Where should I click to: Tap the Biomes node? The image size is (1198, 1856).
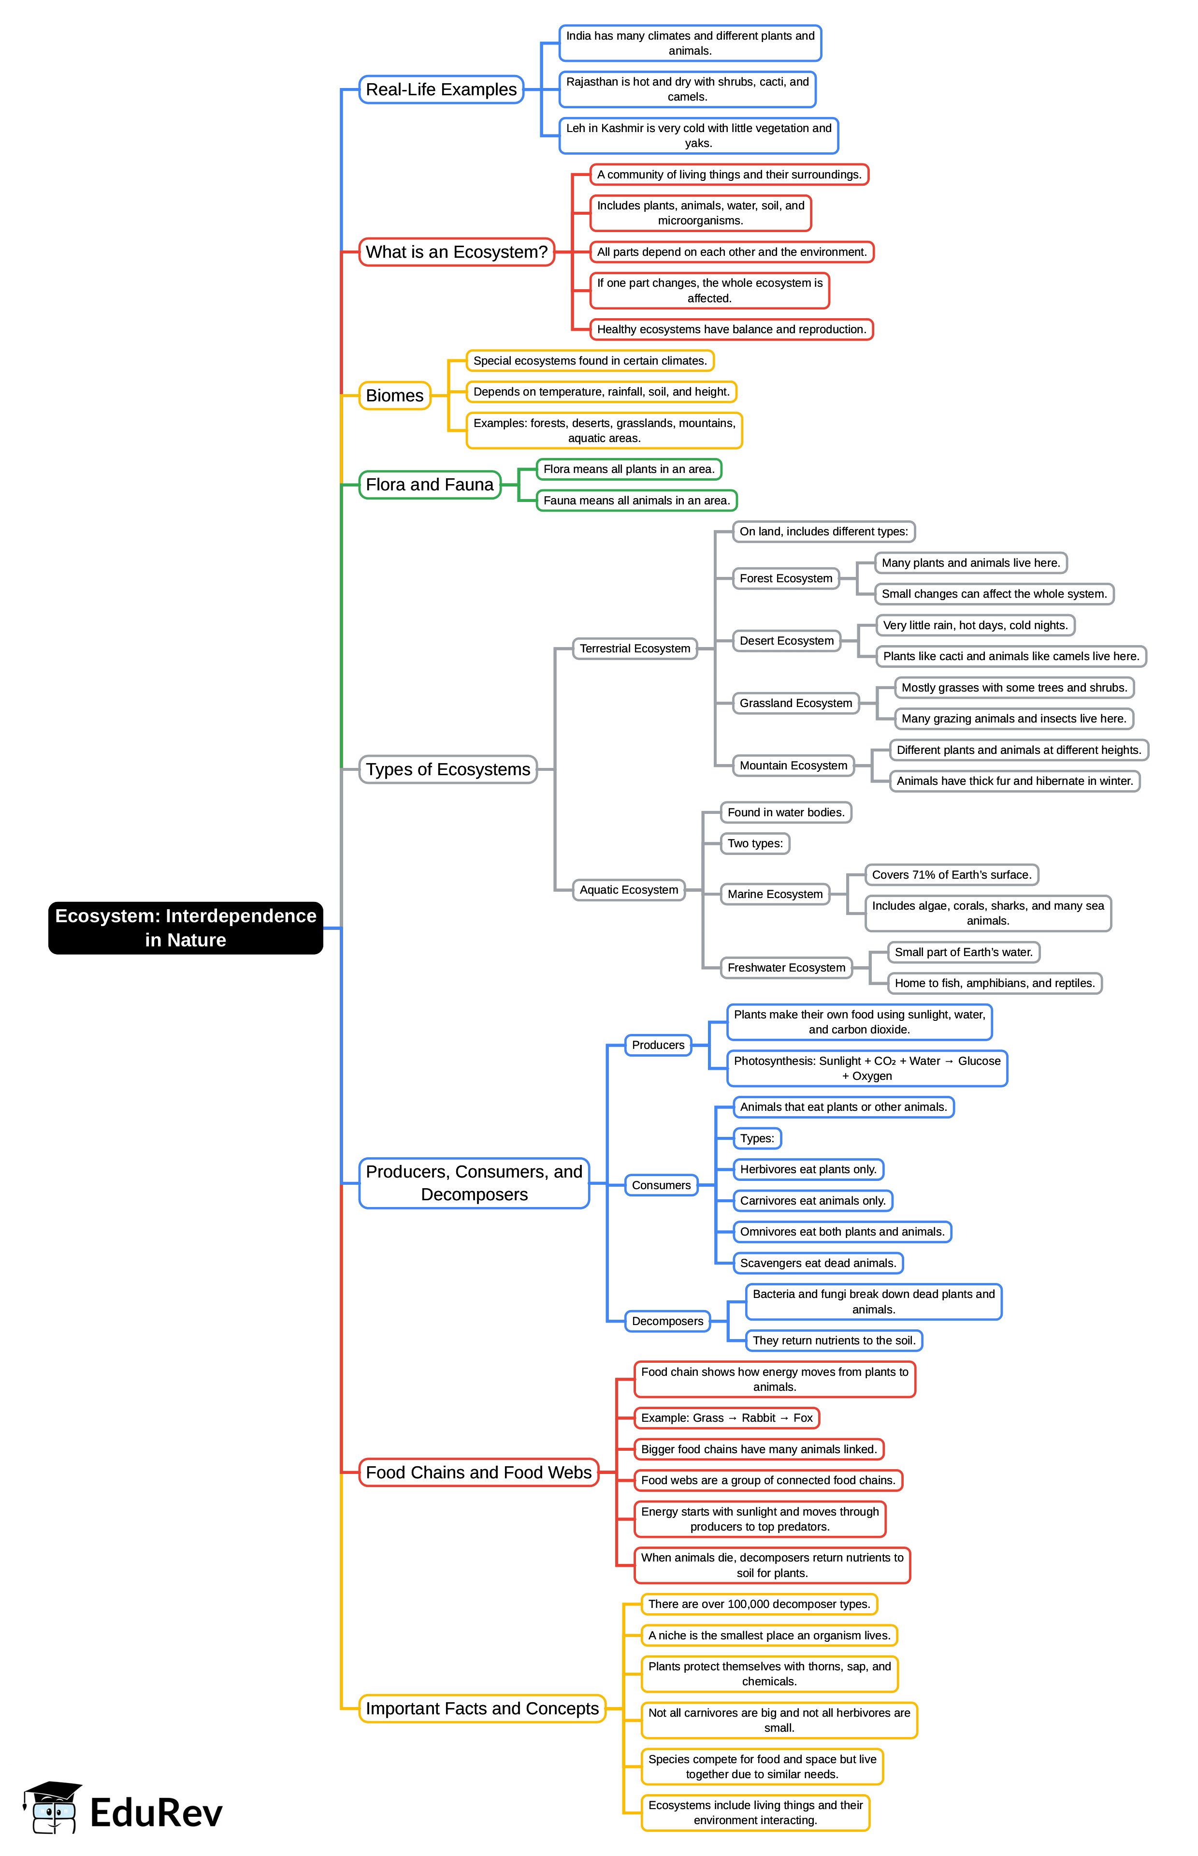click(x=394, y=395)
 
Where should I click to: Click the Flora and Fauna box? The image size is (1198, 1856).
click(x=430, y=485)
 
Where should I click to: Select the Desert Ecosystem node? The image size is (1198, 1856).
click(x=786, y=640)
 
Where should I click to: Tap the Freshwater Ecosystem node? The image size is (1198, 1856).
click(x=786, y=967)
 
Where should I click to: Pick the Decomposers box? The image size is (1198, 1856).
click(x=667, y=1321)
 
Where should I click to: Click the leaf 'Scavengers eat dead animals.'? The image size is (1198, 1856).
click(x=818, y=1263)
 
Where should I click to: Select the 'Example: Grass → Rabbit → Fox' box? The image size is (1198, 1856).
click(x=726, y=1418)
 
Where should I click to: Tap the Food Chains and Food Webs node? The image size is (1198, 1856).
click(x=478, y=1473)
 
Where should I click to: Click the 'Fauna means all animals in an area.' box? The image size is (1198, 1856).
click(x=636, y=501)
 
